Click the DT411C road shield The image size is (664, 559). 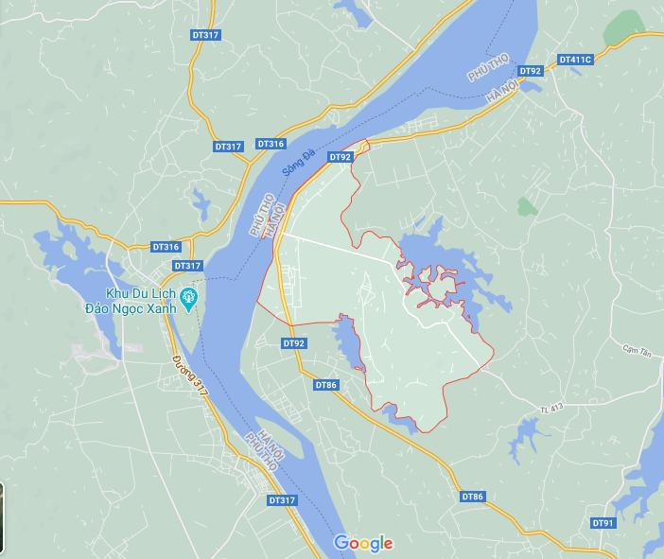click(x=575, y=60)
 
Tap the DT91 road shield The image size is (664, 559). click(x=603, y=523)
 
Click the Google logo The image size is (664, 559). click(x=363, y=543)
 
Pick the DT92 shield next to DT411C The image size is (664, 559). click(x=531, y=71)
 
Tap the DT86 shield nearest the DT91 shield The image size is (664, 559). click(x=473, y=497)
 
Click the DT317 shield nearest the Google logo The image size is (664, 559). click(x=282, y=500)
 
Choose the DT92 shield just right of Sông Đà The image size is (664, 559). click(x=340, y=157)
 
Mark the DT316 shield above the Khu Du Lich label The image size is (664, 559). click(x=166, y=247)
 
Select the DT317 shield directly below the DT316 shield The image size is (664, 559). click(x=187, y=266)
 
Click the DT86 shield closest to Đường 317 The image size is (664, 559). click(x=325, y=385)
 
